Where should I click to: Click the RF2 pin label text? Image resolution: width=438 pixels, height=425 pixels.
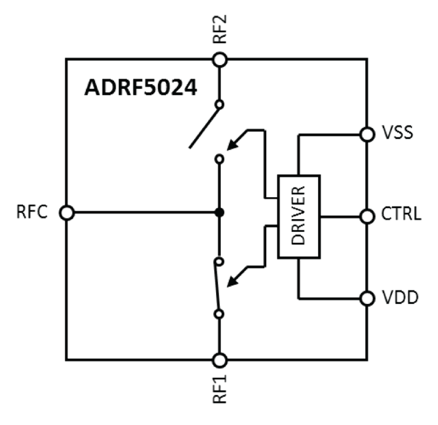tap(219, 30)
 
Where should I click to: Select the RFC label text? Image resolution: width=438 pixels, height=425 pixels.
tap(33, 213)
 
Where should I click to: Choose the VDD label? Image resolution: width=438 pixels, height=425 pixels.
tap(399, 297)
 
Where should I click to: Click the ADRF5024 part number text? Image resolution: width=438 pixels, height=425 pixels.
tap(141, 88)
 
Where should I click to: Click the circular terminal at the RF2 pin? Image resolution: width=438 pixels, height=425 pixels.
tap(220, 59)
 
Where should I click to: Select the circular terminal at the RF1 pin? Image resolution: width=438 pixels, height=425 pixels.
tap(220, 360)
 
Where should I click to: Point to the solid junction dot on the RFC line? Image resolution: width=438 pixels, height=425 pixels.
tap(220, 212)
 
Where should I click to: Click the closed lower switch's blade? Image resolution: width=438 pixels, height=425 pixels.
tap(218, 287)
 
